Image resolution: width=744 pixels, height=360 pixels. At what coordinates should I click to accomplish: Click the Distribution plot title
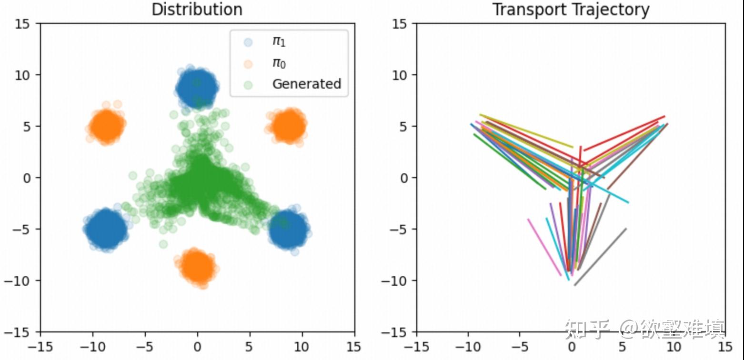pyautogui.click(x=197, y=9)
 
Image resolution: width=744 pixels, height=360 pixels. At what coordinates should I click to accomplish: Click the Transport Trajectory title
pyautogui.click(x=571, y=9)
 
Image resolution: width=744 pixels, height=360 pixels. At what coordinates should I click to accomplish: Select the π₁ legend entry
pyautogui.click(x=279, y=41)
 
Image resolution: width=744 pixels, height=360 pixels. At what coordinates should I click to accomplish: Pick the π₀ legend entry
pyautogui.click(x=279, y=63)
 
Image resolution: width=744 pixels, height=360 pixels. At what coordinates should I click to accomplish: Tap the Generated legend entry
pyautogui.click(x=306, y=84)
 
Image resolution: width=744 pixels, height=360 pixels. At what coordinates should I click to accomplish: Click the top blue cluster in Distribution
pyautogui.click(x=197, y=88)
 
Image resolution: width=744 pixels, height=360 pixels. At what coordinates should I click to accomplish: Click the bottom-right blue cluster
pyautogui.click(x=288, y=229)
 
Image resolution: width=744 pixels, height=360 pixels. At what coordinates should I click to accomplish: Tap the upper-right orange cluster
pyautogui.click(x=288, y=126)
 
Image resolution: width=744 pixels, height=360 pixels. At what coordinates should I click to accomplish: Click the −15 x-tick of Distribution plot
pyautogui.click(x=40, y=346)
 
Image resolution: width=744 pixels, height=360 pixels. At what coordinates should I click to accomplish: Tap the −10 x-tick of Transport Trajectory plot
pyautogui.click(x=468, y=346)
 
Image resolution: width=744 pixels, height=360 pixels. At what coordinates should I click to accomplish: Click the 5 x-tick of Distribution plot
pyautogui.click(x=250, y=346)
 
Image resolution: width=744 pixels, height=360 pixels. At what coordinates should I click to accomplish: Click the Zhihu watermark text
pyautogui.click(x=645, y=329)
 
